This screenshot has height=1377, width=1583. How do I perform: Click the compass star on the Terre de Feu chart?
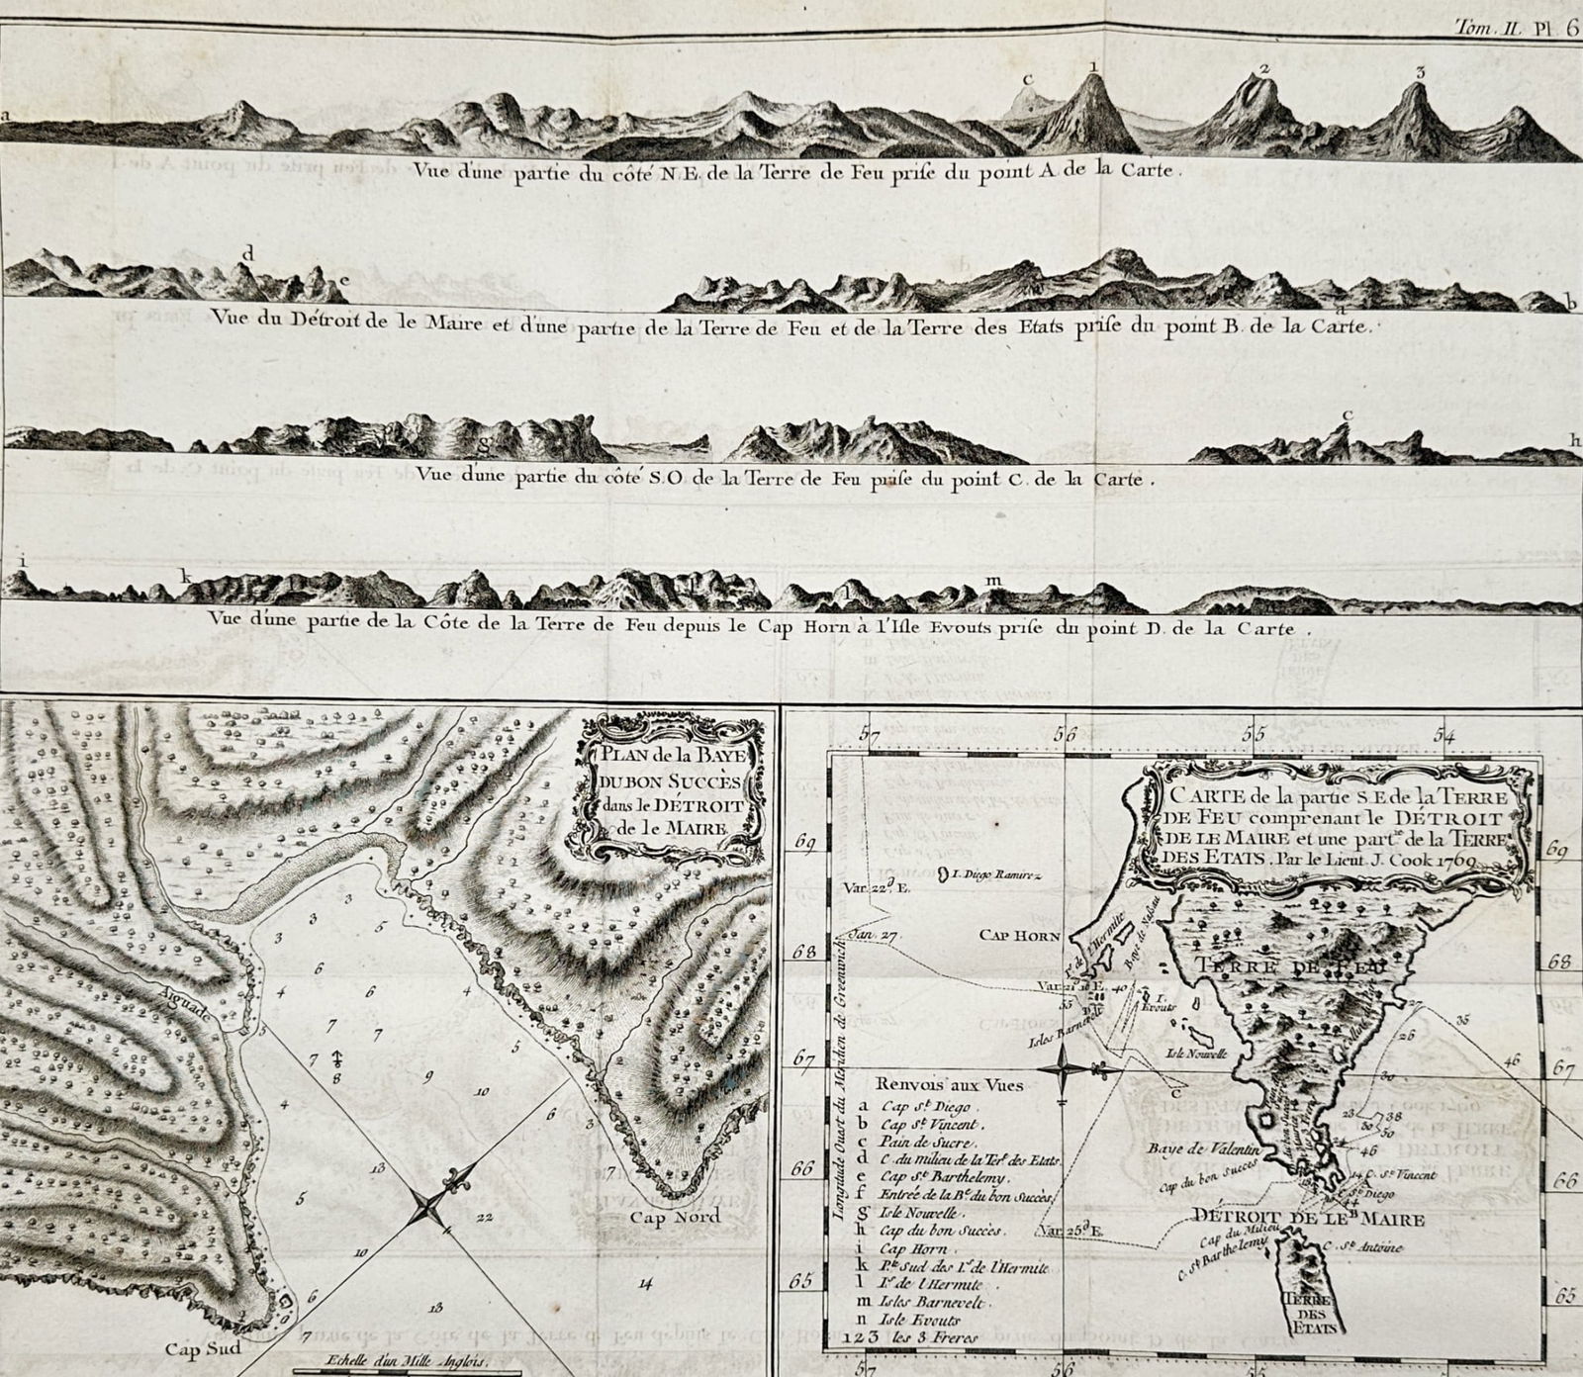(x=1064, y=1070)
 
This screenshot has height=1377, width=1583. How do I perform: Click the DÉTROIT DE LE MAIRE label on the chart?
(x=1308, y=1220)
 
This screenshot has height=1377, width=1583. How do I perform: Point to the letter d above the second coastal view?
(x=247, y=252)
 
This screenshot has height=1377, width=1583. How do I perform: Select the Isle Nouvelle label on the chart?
(x=1194, y=1053)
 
